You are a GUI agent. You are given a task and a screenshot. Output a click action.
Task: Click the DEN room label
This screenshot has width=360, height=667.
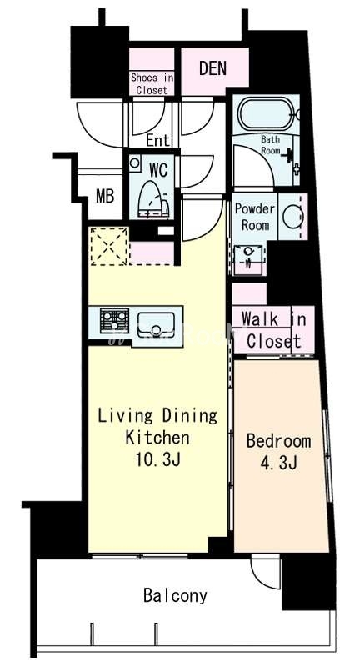pos(212,68)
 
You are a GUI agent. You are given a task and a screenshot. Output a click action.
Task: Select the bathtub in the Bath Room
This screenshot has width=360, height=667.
pos(266,113)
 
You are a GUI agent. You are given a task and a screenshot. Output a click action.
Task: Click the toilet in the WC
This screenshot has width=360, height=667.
pos(152,199)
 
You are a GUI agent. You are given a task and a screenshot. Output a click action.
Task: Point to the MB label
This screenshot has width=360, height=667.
pos(105,197)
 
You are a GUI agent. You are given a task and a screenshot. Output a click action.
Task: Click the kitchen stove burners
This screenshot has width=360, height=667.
pos(114,320)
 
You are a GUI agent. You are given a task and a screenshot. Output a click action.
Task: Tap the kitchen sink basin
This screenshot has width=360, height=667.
pos(156,325)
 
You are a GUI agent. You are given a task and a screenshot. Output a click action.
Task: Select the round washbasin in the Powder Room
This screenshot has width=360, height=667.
pos(292,216)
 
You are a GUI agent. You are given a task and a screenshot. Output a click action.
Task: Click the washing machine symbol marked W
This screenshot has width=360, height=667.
pos(248,258)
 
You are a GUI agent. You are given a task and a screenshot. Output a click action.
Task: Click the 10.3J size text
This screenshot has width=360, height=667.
pos(158,459)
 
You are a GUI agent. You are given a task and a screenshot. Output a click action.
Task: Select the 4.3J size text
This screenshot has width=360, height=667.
pos(278,463)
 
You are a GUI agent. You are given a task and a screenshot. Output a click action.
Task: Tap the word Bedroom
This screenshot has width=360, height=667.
pos(278,441)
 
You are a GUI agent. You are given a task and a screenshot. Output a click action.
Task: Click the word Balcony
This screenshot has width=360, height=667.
pos(175,596)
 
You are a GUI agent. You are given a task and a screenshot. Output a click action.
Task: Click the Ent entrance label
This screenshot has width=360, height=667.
pos(157,140)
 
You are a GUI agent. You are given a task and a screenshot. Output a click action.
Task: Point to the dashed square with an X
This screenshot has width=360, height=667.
pos(109,246)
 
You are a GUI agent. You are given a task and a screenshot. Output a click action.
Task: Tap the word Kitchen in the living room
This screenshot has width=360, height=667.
pos(157,437)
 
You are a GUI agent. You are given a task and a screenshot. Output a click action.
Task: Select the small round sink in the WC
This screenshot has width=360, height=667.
pos(135,163)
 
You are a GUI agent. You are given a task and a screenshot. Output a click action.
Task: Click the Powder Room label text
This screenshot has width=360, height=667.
pos(255,217)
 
